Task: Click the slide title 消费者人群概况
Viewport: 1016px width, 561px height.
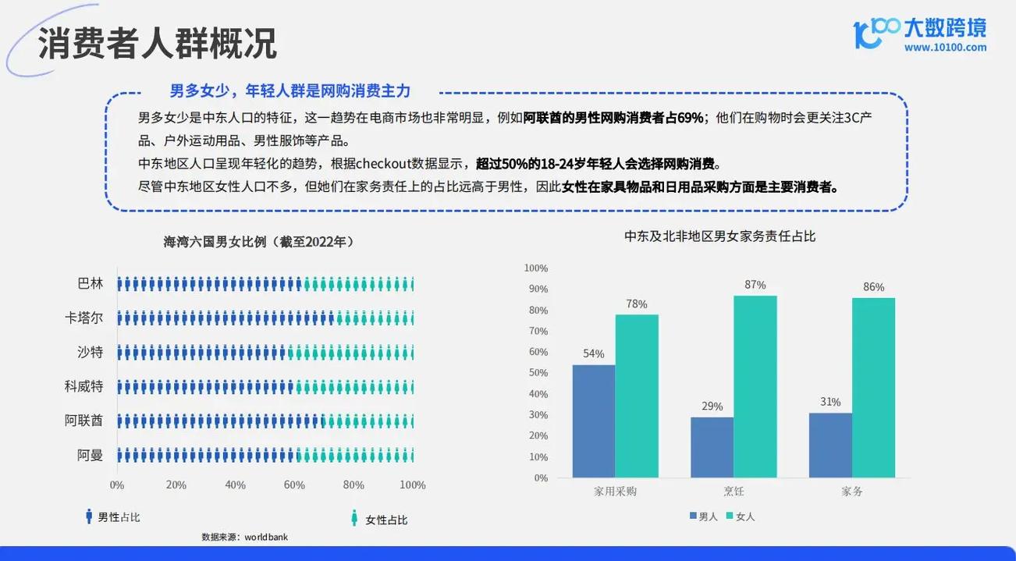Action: (x=157, y=44)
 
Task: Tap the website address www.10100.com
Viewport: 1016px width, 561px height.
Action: (x=945, y=48)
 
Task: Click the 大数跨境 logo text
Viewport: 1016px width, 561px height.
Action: (x=944, y=27)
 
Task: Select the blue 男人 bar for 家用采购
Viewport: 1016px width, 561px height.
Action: (x=593, y=421)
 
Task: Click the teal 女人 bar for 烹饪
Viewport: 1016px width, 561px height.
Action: (x=755, y=386)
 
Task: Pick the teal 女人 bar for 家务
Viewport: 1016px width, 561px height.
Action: (x=873, y=388)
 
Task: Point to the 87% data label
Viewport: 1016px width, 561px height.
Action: (x=755, y=286)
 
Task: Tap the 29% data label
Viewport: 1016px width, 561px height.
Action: (x=712, y=407)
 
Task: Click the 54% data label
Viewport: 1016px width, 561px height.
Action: (x=593, y=353)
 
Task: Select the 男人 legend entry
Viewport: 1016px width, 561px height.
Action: (x=702, y=517)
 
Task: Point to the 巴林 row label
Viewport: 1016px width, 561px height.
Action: (x=91, y=284)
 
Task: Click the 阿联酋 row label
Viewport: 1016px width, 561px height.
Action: (x=83, y=421)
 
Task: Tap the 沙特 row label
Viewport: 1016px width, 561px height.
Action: (x=91, y=352)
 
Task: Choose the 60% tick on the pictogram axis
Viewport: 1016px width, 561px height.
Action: (x=294, y=485)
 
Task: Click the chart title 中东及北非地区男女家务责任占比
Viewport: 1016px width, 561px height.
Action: (x=719, y=236)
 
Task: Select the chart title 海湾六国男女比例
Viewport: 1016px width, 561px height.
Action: (x=258, y=242)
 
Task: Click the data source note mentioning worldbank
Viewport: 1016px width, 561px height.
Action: (x=244, y=537)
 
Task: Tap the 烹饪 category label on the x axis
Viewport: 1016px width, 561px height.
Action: (x=734, y=492)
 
